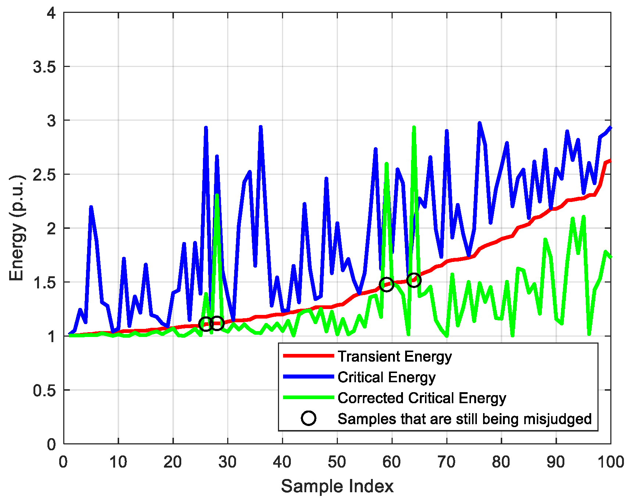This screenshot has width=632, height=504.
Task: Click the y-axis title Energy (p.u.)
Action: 17,228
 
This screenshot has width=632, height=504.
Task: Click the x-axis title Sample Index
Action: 337,486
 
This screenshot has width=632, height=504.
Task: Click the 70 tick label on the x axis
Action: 446,462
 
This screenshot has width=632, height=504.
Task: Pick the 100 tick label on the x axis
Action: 610,462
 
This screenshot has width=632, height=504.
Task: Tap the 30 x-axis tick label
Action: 227,462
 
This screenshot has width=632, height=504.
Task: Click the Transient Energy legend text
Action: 394,356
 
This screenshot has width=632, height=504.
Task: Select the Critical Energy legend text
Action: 386,377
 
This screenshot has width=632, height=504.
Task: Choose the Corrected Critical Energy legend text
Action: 422,398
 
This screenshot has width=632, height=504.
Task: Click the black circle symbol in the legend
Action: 308,418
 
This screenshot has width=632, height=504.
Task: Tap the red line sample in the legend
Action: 308,356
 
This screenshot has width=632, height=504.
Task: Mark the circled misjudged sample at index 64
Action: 414,280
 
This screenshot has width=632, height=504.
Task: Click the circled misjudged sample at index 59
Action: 386,284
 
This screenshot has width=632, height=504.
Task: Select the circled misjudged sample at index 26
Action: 206,324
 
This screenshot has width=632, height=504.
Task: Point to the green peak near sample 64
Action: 414,127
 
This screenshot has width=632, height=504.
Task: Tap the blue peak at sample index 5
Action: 91,207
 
